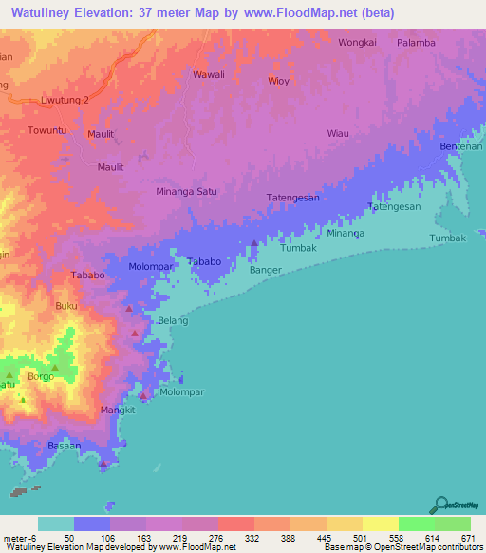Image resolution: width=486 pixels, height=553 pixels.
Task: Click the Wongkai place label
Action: pos(358,43)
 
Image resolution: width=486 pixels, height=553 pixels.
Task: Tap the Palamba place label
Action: pos(416,43)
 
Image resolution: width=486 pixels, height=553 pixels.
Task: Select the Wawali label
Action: pos(209,75)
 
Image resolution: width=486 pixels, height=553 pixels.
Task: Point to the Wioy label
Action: pos(278,81)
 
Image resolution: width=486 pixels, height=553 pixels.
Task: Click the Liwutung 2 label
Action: pos(65,100)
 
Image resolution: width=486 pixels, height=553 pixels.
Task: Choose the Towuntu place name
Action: pos(47,130)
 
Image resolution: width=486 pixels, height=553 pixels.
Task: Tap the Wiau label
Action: pos(339,134)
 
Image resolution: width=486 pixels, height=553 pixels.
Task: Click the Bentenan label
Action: pos(461,148)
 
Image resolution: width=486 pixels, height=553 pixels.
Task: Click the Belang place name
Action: pos(173,321)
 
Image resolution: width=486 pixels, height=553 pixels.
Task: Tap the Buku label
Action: pos(66,306)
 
